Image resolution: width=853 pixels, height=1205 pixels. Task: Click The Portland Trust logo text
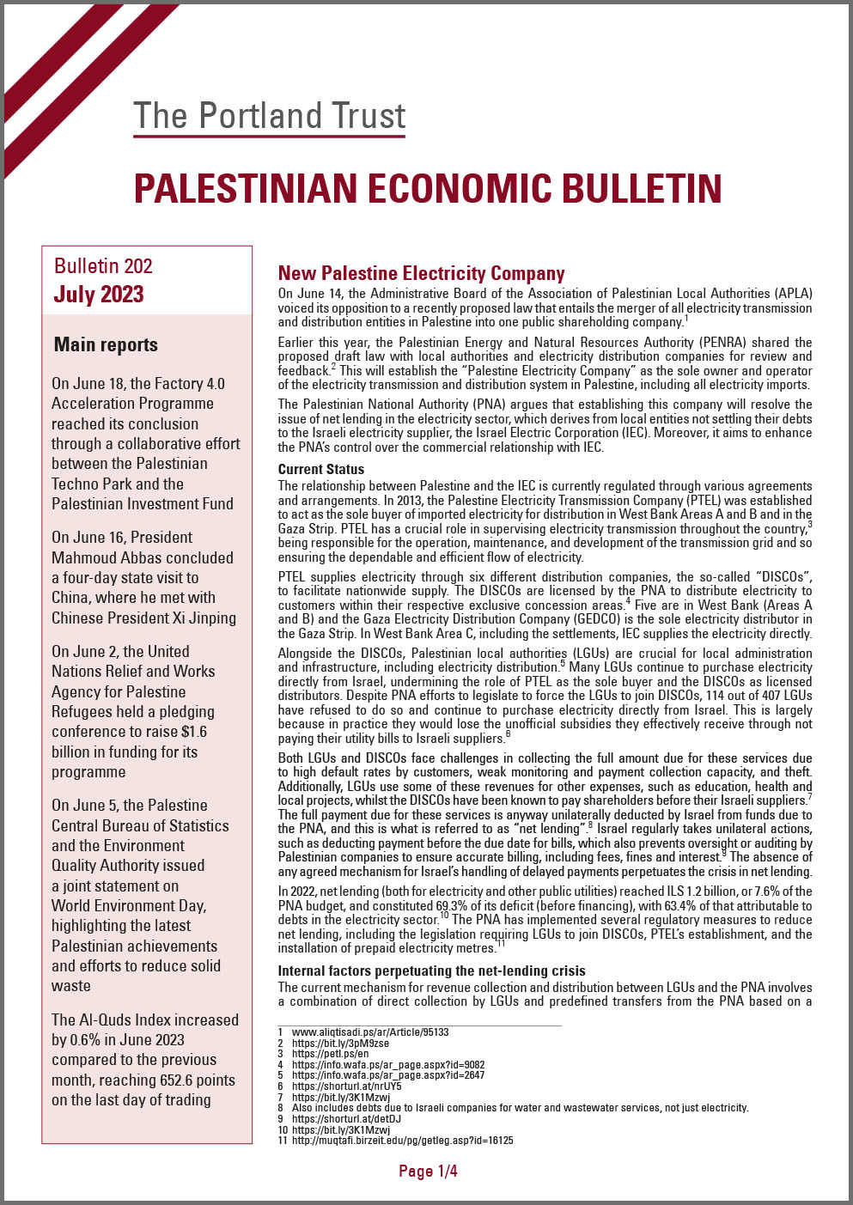pyautogui.click(x=270, y=116)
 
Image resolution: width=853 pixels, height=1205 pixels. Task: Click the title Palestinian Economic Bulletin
pyautogui.click(x=428, y=189)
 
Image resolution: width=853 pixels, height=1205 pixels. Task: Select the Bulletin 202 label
pyautogui.click(x=103, y=266)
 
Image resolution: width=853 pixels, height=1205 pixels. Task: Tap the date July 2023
pyautogui.click(x=99, y=295)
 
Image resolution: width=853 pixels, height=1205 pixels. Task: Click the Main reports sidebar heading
pyautogui.click(x=106, y=345)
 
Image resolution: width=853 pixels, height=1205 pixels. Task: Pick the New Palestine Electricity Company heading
pyautogui.click(x=421, y=273)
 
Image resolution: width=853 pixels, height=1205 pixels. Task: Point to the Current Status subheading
pyautogui.click(x=320, y=470)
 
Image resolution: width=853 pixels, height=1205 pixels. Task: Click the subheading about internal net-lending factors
pyautogui.click(x=431, y=971)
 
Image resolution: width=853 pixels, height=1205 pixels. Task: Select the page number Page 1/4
pyautogui.click(x=428, y=1172)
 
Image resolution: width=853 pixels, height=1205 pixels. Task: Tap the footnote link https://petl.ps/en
pyautogui.click(x=330, y=1054)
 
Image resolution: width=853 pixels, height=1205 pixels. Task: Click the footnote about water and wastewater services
pyautogui.click(x=520, y=1108)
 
